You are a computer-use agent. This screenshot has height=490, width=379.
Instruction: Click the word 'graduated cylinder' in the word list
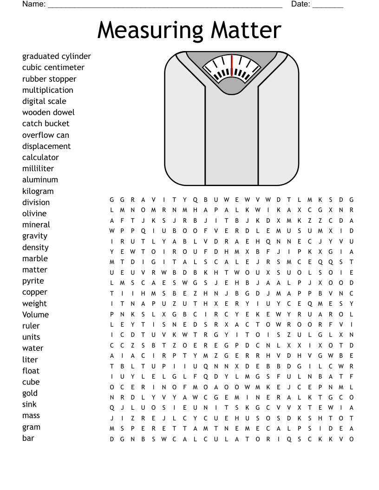pyautogui.click(x=56, y=57)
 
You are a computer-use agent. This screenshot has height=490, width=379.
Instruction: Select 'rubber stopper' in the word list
pyautogui.click(x=49, y=79)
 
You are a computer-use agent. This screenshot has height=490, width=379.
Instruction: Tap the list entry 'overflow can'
pyautogui.click(x=46, y=135)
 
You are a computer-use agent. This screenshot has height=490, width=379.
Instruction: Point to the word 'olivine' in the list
pyautogui.click(x=34, y=213)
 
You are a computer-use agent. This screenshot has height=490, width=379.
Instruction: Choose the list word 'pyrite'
pyautogui.click(x=33, y=281)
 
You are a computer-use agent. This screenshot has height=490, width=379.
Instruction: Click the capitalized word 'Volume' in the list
pyautogui.click(x=35, y=315)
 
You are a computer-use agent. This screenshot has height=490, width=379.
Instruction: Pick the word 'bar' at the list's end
pyautogui.click(x=28, y=438)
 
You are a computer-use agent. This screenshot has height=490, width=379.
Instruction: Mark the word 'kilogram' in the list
pyautogui.click(x=38, y=191)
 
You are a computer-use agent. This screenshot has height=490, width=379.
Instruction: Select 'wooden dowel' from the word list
pyautogui.click(x=48, y=112)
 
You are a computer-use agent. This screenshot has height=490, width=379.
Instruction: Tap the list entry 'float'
pyautogui.click(x=31, y=371)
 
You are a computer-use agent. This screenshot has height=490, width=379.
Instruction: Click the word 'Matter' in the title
pyautogui.click(x=246, y=30)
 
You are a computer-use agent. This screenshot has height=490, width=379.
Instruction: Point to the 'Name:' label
pyautogui.click(x=33, y=4)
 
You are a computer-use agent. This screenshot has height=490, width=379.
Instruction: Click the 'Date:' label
pyautogui.click(x=300, y=4)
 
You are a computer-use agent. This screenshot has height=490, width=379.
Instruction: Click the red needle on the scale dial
pyautogui.click(x=231, y=65)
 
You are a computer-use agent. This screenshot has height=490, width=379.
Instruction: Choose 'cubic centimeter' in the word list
pyautogui.click(x=53, y=68)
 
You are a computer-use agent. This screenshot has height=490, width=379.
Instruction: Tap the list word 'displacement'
pyautogui.click(x=46, y=146)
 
